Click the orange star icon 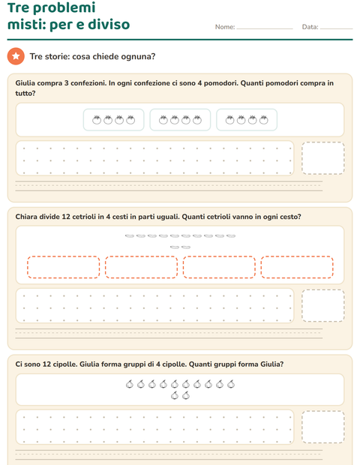pyautogui.click(x=16, y=56)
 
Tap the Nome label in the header pyautogui.click(x=225, y=27)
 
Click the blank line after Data pyautogui.click(x=336, y=28)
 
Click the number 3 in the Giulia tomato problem pyautogui.click(x=67, y=83)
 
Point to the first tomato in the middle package pyautogui.click(x=163, y=119)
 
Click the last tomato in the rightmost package pyautogui.click(x=263, y=119)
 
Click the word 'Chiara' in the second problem pyautogui.click(x=26, y=217)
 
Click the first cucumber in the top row pyautogui.click(x=130, y=236)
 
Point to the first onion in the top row pyautogui.click(x=130, y=384)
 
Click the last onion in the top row pyautogui.click(x=231, y=384)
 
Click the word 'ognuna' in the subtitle pyautogui.click(x=138, y=57)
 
